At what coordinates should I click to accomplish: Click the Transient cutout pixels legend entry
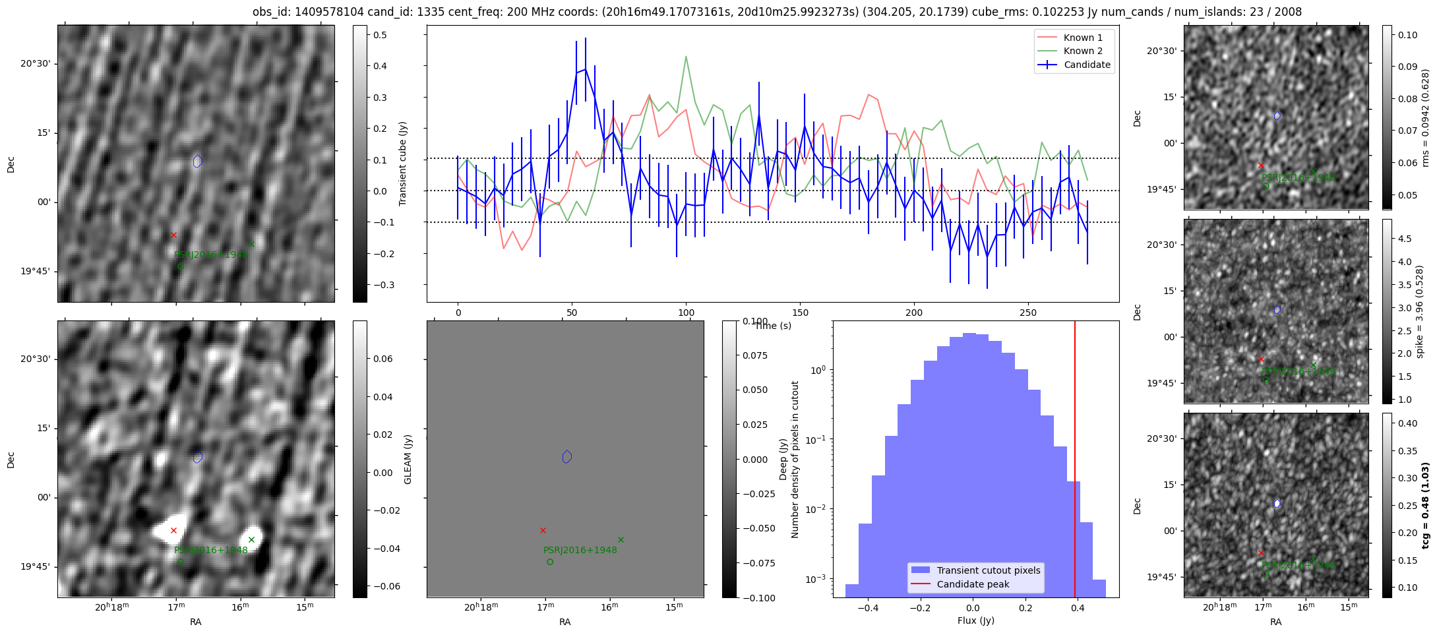(988, 570)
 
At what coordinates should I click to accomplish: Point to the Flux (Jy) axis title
(975, 620)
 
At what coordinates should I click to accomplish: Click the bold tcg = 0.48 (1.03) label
(1425, 506)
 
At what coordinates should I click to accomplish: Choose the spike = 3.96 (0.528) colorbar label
(1420, 311)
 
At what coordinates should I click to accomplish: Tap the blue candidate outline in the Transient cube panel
(198, 161)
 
